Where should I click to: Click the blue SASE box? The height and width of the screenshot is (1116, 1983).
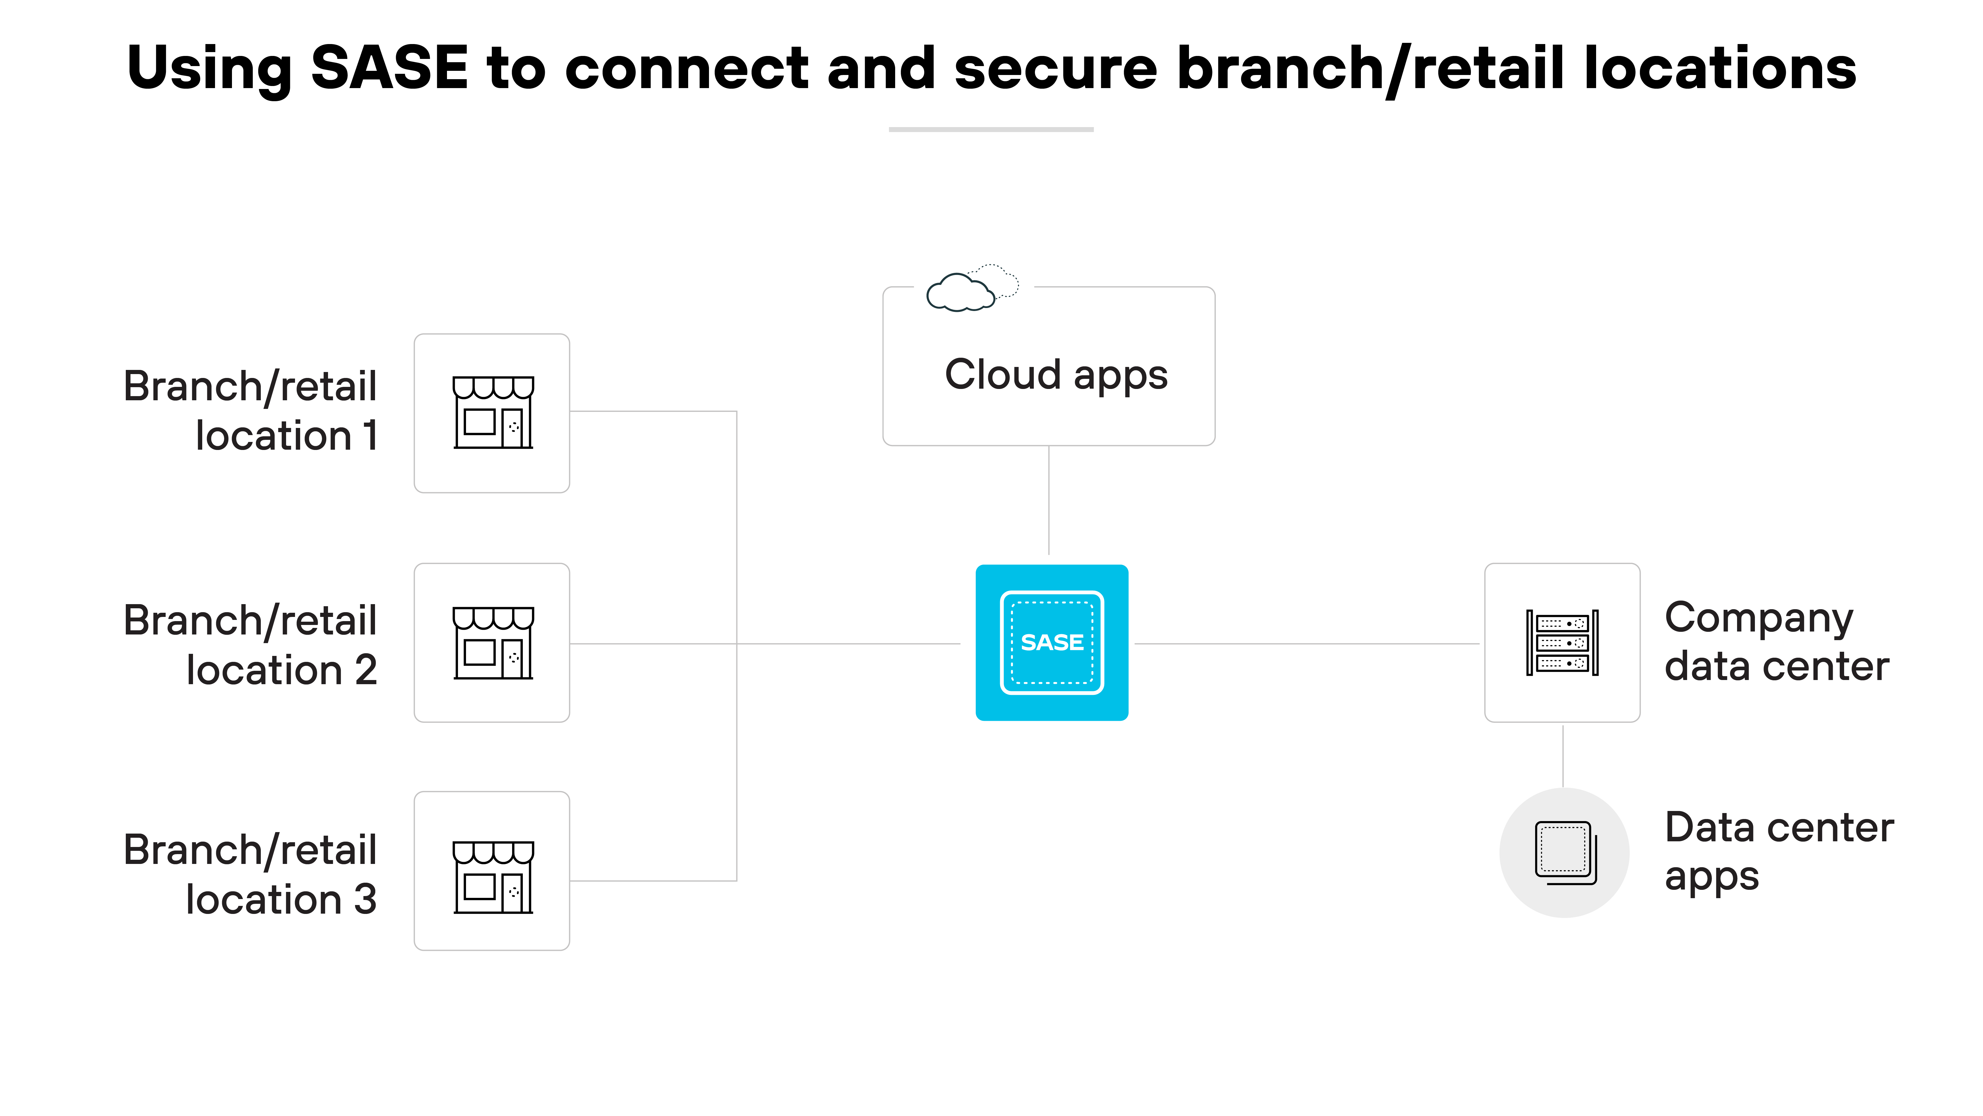tap(1052, 642)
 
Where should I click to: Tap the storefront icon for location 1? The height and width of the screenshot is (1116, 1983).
tap(493, 413)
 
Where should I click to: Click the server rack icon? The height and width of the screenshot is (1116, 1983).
tap(1562, 642)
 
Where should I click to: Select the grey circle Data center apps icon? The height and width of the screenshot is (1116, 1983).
tap(1564, 853)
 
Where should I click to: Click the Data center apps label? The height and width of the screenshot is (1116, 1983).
tap(1778, 852)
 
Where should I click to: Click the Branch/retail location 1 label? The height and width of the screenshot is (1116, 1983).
tap(250, 411)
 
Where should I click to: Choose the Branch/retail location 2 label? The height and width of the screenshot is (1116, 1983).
tap(250, 645)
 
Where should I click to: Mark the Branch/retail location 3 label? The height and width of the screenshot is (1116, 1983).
tap(250, 875)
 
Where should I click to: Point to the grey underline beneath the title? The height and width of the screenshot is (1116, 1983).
tap(991, 129)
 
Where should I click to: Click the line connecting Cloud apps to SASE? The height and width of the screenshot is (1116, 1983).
tap(1049, 501)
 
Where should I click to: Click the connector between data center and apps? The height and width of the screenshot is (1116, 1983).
tap(1563, 755)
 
